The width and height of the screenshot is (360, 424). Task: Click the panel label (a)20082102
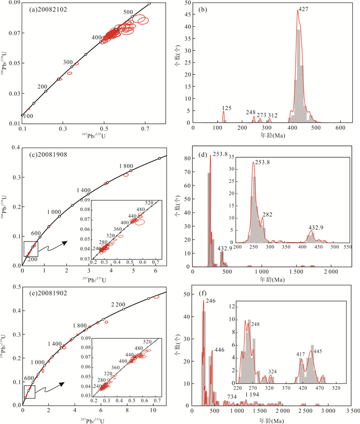tap(48, 9)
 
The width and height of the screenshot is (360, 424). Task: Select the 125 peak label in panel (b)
tap(223, 107)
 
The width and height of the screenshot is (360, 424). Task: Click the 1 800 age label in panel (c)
tap(126, 165)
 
